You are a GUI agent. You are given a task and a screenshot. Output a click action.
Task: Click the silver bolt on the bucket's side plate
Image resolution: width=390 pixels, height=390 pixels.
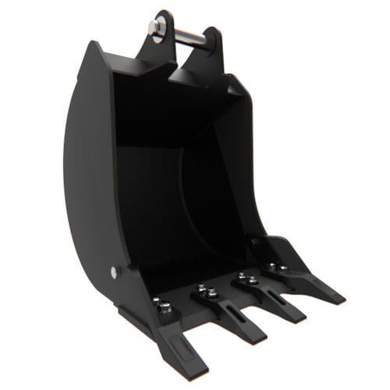pos(116,272)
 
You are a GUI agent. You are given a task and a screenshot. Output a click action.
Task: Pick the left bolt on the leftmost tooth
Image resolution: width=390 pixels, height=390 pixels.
pos(157,301)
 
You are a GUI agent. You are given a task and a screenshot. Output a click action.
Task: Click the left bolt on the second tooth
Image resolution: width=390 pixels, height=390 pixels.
pos(202,288)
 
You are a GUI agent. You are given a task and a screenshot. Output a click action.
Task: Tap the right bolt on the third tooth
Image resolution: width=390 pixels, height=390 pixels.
pos(252,278)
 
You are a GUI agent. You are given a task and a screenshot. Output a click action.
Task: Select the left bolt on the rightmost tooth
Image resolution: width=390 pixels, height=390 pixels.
pos(272,265)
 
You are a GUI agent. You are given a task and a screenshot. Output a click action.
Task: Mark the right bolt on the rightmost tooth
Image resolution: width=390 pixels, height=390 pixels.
pos(282,269)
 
